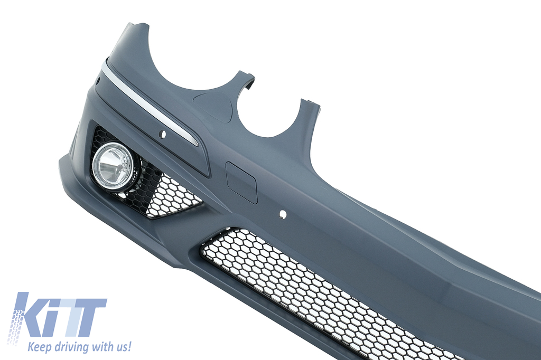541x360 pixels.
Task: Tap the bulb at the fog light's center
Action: coord(119,168)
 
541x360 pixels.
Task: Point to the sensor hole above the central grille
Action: coord(283,214)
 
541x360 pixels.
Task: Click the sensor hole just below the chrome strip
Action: coord(163,134)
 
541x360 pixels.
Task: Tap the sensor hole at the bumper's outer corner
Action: coord(98,82)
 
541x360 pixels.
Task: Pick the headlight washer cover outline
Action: coord(212,106)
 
